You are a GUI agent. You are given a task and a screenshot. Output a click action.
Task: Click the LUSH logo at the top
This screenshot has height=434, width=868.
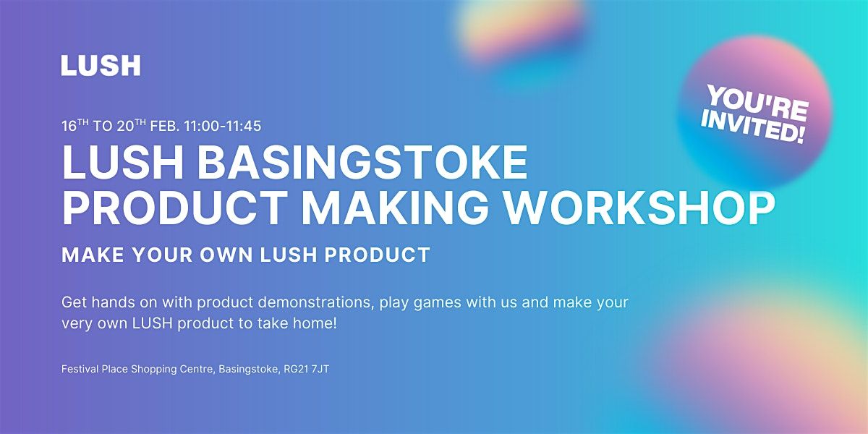(x=101, y=65)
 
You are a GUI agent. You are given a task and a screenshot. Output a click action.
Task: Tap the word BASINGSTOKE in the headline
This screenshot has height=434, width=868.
(x=362, y=162)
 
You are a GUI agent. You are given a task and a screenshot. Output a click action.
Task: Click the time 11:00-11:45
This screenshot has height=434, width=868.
(x=223, y=127)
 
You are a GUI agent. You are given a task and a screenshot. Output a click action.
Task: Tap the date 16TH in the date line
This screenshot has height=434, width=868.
(x=75, y=126)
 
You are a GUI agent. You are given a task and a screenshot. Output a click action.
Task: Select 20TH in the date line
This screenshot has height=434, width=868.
(x=132, y=126)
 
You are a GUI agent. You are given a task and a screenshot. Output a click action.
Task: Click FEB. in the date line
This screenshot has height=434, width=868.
(x=165, y=127)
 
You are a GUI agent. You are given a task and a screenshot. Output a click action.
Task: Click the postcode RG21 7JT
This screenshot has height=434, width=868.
(x=306, y=369)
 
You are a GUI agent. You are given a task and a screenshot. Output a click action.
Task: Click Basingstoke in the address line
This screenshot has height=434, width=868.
(x=248, y=370)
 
